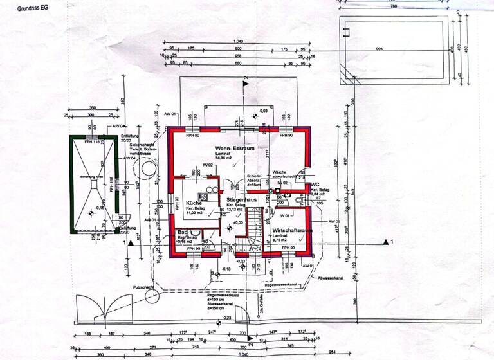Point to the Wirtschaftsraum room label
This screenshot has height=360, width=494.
point(293,230)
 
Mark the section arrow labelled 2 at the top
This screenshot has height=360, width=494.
point(245,83)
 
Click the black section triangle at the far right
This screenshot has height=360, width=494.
point(387,242)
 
